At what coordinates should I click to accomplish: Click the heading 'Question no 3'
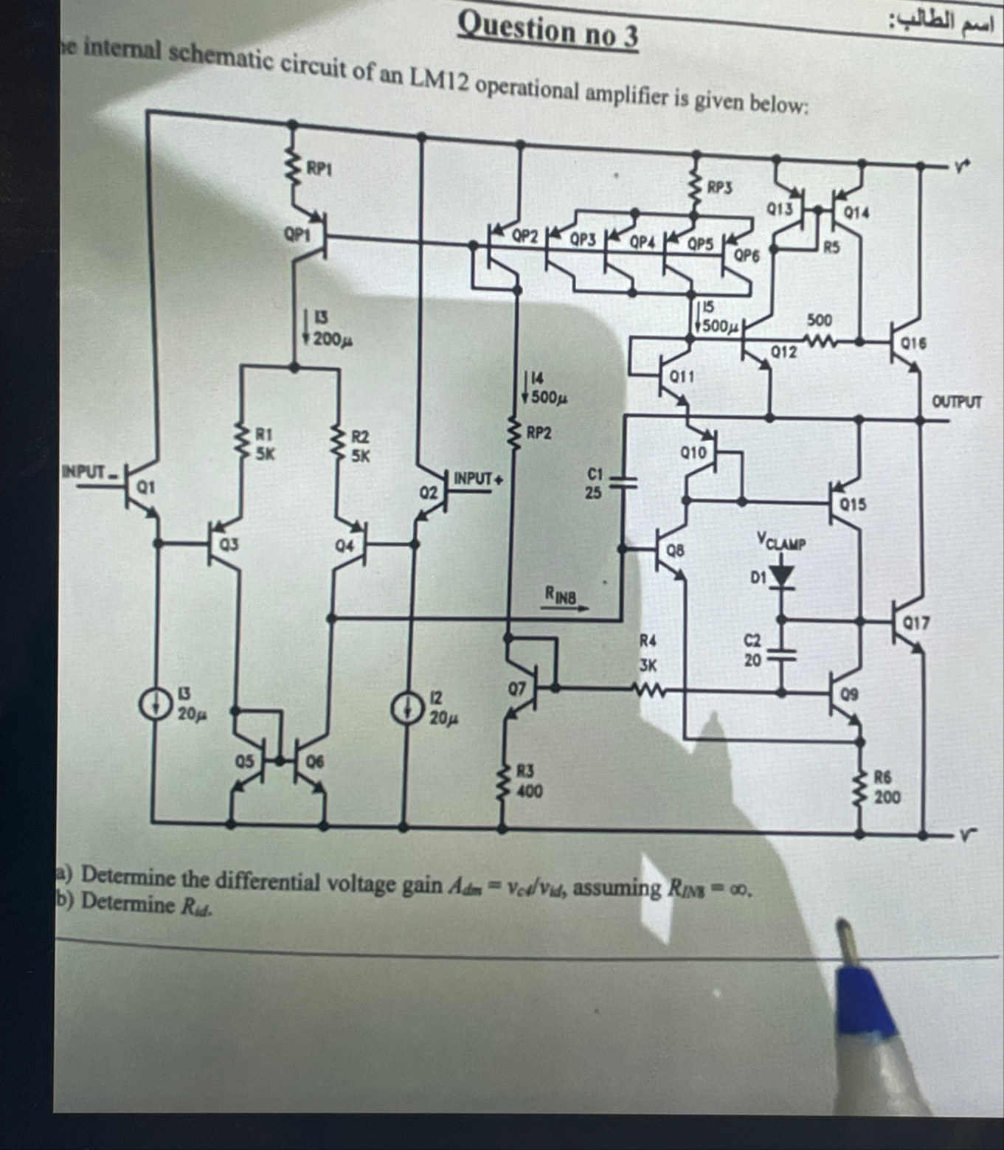coord(547,32)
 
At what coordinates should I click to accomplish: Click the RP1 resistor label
coord(319,169)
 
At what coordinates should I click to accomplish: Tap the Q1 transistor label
coord(145,487)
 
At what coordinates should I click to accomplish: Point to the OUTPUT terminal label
coord(957,402)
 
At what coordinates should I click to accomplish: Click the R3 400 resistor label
coord(527,781)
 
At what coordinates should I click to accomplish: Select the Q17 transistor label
coord(916,624)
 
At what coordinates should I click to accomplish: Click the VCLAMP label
coord(781,543)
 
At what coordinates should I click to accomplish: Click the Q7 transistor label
coord(516,688)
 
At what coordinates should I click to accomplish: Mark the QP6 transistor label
coord(747,255)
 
